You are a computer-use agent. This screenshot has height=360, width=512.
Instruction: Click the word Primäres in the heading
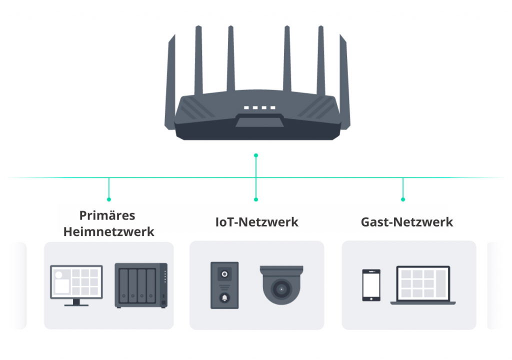coord(107,215)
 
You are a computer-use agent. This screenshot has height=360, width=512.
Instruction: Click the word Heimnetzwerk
coord(109,232)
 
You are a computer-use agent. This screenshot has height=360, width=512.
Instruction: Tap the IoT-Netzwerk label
coord(256,222)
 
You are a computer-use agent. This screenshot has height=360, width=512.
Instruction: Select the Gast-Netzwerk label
coord(407,222)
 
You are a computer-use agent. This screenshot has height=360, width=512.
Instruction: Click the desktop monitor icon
coord(76,283)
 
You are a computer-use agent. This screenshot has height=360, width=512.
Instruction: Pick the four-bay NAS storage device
coord(141,285)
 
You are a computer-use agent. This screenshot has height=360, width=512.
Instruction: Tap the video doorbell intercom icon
coord(224,285)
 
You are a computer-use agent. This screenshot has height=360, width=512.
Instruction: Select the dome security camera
coord(281,285)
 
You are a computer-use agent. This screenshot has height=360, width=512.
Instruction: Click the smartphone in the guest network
coord(371,285)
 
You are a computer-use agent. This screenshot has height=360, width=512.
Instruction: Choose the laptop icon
coord(426,285)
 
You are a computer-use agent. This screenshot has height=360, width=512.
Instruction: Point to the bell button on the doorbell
coord(224,298)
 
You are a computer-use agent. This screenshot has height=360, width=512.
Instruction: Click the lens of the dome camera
coord(281,289)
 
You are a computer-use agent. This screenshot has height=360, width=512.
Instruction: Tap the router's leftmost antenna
coord(170,85)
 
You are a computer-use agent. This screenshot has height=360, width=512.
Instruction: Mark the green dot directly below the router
coord(256,155)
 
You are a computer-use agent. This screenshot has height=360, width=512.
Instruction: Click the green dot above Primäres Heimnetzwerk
coord(109,199)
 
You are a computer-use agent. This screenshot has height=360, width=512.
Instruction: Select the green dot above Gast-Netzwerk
coord(403,199)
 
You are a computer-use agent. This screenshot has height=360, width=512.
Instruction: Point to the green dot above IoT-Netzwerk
coord(256,199)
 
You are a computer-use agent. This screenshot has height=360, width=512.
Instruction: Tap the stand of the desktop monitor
coord(76,302)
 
